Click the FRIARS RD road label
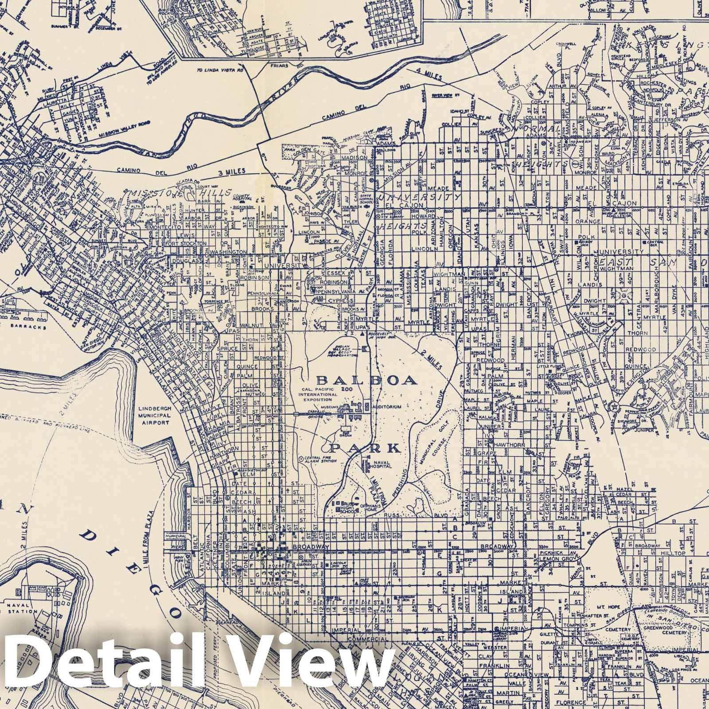(x=283, y=66)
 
